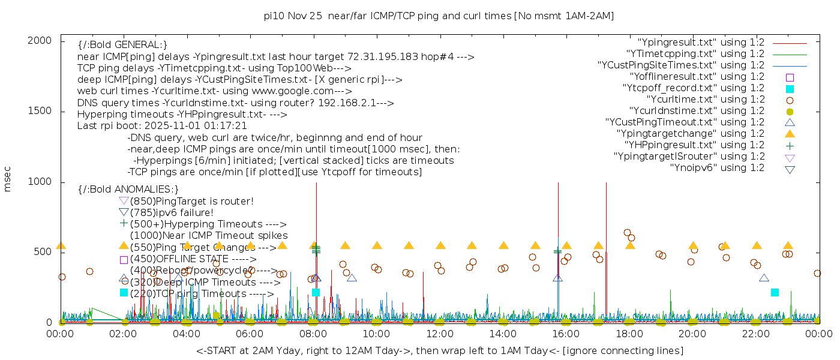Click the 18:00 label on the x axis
pos(629,334)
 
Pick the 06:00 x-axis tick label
pos(250,334)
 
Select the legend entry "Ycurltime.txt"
pos(705,100)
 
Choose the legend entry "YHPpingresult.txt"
pos(694,145)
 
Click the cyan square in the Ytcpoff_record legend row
pos(790,89)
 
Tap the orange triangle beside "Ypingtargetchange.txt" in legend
pos(790,134)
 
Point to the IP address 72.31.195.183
pos(391,57)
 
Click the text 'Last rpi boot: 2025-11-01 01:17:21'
pos(162,126)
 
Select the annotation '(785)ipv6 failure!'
pos(171,213)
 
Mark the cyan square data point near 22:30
pos(775,292)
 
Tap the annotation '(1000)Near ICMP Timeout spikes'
pos(209,236)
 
